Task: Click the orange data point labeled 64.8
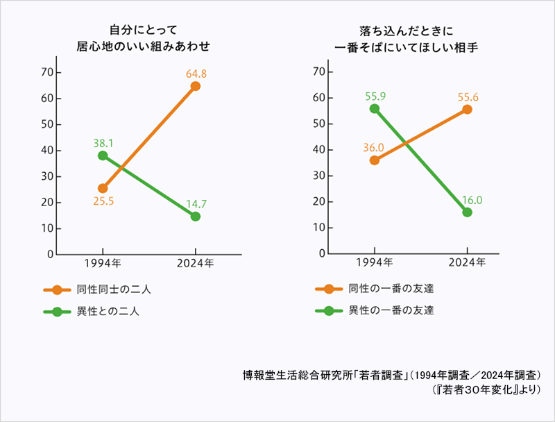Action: pos(196,86)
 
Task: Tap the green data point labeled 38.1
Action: pos(103,155)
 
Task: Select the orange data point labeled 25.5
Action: pos(103,188)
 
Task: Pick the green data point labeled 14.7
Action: pos(196,217)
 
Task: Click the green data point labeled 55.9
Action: pos(375,108)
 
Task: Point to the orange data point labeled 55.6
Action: pos(467,110)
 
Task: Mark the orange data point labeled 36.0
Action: pos(375,160)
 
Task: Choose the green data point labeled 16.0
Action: pos(467,212)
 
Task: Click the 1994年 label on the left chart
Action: pos(103,264)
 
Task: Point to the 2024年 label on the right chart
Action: pos(467,264)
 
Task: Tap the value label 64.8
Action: pos(196,72)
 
